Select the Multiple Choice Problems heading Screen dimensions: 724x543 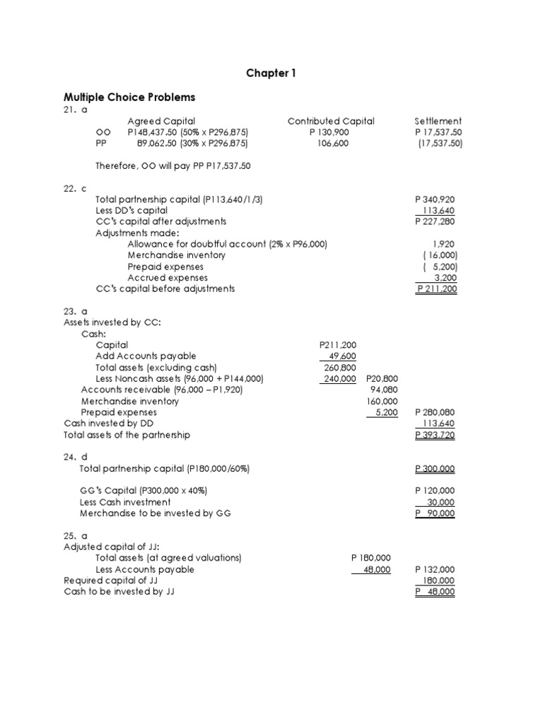click(x=129, y=97)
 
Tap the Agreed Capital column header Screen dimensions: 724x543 click(x=161, y=121)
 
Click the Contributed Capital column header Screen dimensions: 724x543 click(x=331, y=121)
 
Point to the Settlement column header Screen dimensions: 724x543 click(x=438, y=121)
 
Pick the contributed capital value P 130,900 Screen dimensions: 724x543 click(x=329, y=132)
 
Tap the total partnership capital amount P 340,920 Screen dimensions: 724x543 click(x=436, y=200)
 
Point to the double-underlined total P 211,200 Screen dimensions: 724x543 click(x=436, y=288)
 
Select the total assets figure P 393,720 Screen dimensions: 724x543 click(x=435, y=435)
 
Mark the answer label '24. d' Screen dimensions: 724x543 click(x=75, y=457)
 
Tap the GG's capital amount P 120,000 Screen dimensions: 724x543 click(x=435, y=491)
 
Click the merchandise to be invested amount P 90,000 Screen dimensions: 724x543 click(x=435, y=513)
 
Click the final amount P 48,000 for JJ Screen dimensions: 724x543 click(x=435, y=592)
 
